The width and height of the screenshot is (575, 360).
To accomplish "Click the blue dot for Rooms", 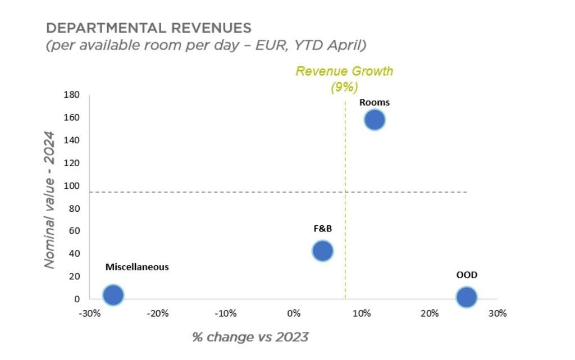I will click(x=374, y=120).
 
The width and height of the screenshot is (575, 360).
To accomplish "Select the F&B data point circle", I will click(x=322, y=250).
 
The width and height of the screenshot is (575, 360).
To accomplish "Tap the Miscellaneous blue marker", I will click(x=113, y=295).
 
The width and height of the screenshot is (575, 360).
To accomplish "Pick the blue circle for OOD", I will click(x=466, y=297).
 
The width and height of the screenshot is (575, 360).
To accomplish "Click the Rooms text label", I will click(x=374, y=102).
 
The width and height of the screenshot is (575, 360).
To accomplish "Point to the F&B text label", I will click(x=323, y=229).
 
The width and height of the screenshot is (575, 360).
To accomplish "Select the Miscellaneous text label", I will click(x=137, y=267).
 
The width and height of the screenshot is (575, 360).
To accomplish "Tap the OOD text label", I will click(x=467, y=275).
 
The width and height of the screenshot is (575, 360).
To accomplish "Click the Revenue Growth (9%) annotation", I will click(x=344, y=79).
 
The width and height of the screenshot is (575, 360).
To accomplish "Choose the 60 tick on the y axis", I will click(x=75, y=231).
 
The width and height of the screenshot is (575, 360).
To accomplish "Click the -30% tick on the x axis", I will click(x=90, y=313).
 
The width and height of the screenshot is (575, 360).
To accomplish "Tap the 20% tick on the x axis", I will click(x=430, y=313).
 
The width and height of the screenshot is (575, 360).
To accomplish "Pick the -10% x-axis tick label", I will click(x=226, y=313).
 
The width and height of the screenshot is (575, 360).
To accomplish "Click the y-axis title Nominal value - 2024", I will click(x=51, y=199).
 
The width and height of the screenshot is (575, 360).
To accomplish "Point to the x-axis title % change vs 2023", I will click(x=250, y=337).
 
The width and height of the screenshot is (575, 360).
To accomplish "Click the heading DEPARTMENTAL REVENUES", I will click(x=148, y=28).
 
